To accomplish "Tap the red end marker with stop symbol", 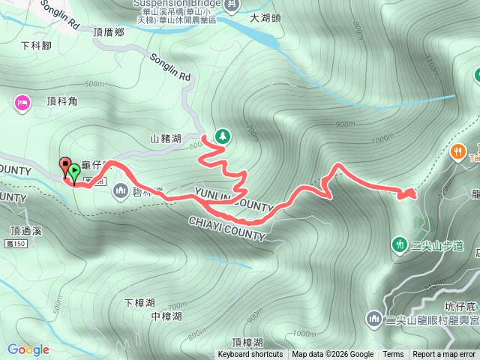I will point(64,166).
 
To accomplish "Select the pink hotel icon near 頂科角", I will point(21,100).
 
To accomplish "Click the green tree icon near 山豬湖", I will point(222,136).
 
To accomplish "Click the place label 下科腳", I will point(36,45).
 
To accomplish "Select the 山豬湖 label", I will point(166,138).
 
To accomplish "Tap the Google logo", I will point(28,349).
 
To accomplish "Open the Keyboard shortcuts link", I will point(250,355).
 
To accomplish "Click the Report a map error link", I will point(444,355).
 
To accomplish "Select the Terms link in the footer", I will point(393,355).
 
